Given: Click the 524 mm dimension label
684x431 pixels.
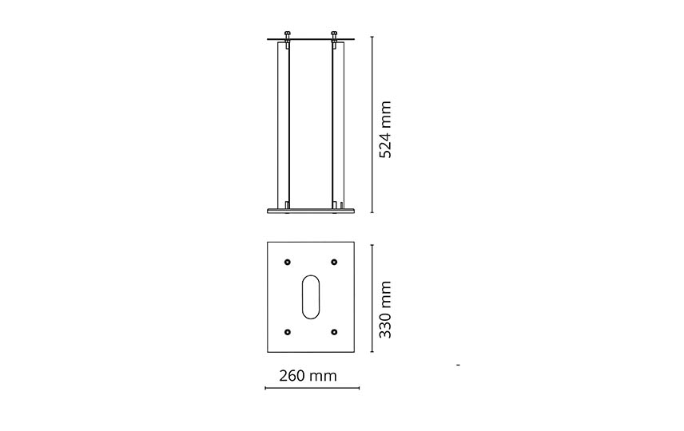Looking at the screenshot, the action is pos(385,129).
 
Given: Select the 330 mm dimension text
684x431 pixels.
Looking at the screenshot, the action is pos(385,310).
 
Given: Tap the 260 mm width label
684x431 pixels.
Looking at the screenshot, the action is pos(308,376).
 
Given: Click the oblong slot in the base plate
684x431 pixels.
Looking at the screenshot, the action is pos(311,297).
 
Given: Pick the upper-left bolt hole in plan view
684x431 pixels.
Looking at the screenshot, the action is pos(287,262).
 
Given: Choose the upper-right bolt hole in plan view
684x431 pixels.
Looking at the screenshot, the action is pos(334,262).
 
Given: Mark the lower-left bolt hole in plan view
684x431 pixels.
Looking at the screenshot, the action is pos(287,332).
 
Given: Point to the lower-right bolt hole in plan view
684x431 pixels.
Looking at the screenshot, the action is pos(334,332).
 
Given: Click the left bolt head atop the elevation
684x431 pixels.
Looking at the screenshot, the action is pos(287,34).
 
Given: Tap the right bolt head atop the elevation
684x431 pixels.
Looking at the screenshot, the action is pos(334,34).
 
